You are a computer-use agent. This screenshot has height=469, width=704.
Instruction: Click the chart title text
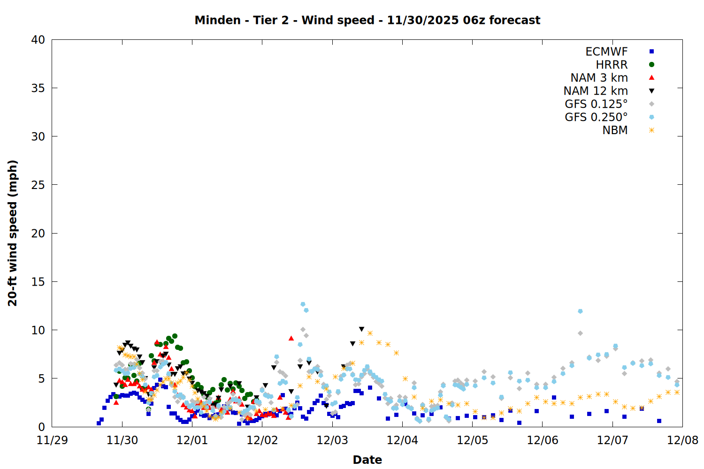[367, 20]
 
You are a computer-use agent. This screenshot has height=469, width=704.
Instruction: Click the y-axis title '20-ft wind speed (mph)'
[13, 233]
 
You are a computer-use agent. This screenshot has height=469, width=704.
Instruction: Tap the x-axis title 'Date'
[367, 460]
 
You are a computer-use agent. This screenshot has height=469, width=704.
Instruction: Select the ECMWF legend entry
[606, 52]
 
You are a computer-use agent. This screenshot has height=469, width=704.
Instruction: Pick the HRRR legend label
[612, 65]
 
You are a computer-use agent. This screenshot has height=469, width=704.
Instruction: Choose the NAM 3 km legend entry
[599, 78]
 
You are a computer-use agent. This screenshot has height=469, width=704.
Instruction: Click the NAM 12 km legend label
[596, 91]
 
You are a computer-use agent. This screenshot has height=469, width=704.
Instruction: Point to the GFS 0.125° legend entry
[596, 104]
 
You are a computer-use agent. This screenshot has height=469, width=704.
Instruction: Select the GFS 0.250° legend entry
[596, 117]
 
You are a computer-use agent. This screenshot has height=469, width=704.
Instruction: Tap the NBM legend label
[615, 130]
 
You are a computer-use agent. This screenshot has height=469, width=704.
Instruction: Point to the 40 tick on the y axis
[38, 40]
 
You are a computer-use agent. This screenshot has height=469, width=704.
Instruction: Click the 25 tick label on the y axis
[38, 185]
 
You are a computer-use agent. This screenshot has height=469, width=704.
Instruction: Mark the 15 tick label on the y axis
[38, 282]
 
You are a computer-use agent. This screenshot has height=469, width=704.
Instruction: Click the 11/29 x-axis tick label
[52, 440]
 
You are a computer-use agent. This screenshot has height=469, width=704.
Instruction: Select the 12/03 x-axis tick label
[332, 440]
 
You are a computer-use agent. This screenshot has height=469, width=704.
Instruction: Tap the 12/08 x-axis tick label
[682, 440]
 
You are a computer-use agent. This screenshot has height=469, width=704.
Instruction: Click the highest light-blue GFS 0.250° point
[303, 304]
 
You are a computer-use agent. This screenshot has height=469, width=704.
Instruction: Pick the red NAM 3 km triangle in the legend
[651, 77]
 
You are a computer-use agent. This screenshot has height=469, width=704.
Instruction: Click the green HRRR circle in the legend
[651, 65]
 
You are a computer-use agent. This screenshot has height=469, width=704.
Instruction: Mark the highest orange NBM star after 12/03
[370, 333]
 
